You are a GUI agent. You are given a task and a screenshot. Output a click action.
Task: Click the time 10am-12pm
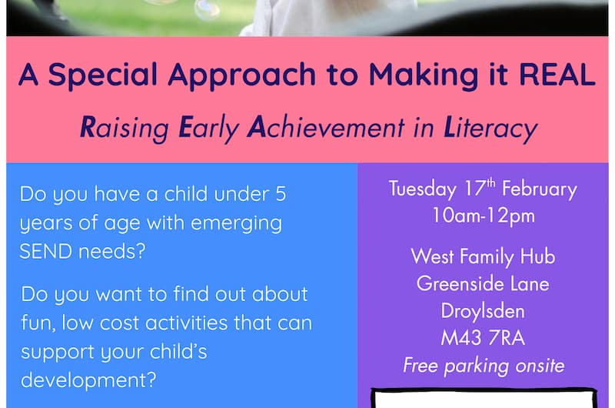click(483, 216)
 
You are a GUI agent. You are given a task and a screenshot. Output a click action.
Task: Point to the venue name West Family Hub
click(483, 256)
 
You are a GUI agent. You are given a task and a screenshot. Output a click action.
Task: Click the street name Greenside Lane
click(483, 283)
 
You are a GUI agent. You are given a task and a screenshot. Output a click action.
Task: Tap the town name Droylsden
click(483, 311)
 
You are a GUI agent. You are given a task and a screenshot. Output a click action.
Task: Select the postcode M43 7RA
click(483, 338)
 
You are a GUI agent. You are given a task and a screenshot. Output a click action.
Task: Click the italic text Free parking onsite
click(483, 365)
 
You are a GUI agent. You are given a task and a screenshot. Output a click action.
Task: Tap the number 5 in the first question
click(280, 195)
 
